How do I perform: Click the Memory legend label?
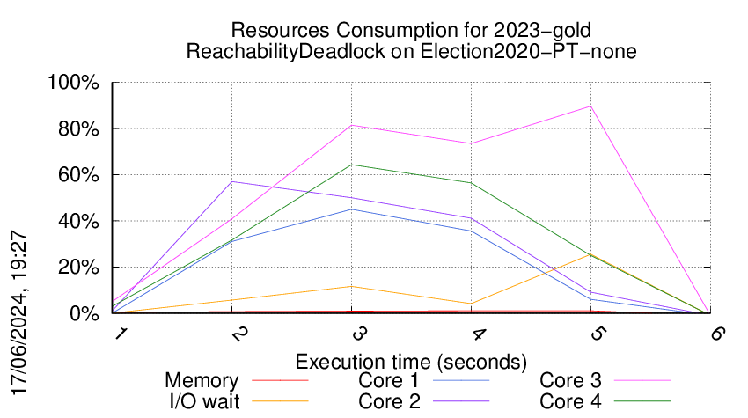tap(202, 381)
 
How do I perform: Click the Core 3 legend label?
tap(570, 381)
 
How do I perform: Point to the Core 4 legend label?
tap(570, 401)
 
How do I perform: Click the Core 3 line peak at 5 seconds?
tap(590, 106)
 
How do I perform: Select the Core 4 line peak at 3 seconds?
tap(353, 165)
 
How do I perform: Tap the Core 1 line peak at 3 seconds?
tap(353, 209)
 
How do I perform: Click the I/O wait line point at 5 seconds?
tap(590, 255)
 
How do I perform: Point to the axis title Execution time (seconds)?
tap(411, 361)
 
